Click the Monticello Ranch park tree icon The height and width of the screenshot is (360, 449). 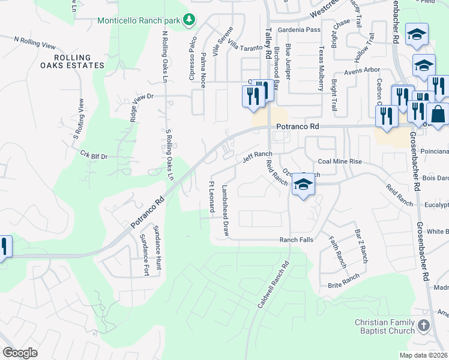pyautogui.click(x=190, y=20)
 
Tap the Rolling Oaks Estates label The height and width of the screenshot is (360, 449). pyautogui.click(x=72, y=61)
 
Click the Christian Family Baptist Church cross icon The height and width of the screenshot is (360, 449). pyautogui.click(x=424, y=326)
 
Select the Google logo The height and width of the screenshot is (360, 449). pyautogui.click(x=20, y=353)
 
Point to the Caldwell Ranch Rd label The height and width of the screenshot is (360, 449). pyautogui.click(x=274, y=284)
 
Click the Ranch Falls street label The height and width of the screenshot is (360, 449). pyautogui.click(x=297, y=239)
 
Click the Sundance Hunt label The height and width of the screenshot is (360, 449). pyautogui.click(x=157, y=248)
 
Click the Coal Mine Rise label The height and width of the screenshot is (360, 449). pyautogui.click(x=340, y=161)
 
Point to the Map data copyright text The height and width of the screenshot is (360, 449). pyautogui.click(x=424, y=355)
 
